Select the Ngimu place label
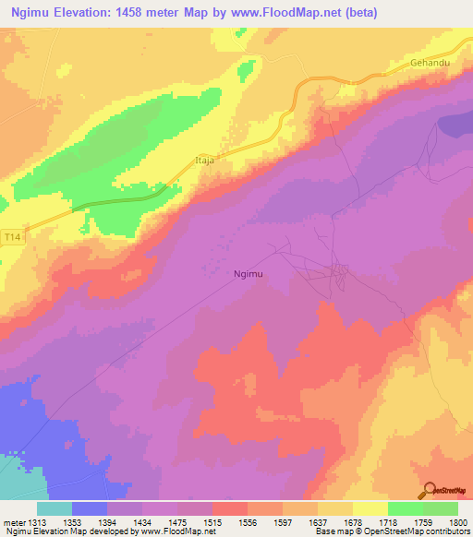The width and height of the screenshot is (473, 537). [251, 274]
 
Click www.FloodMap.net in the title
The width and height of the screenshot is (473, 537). [273, 10]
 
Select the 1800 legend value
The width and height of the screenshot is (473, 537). [457, 522]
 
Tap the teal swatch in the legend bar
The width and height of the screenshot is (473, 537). [54, 508]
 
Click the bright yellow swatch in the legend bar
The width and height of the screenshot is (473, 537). [370, 508]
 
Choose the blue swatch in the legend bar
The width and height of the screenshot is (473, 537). [89, 508]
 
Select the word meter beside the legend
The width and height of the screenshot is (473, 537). [14, 522]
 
